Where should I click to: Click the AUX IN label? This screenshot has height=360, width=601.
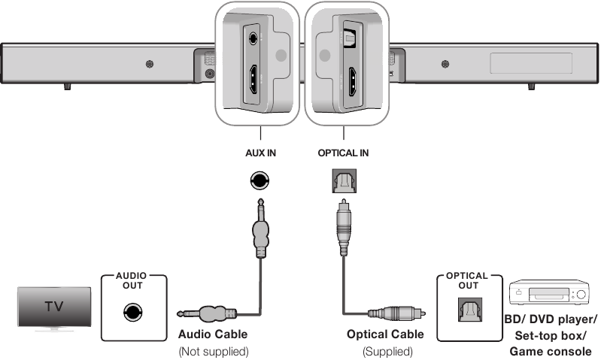[261, 153]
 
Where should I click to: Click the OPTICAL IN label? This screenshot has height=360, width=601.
[342, 153]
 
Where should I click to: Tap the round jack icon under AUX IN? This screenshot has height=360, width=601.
[260, 180]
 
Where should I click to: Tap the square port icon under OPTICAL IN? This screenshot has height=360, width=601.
[342, 180]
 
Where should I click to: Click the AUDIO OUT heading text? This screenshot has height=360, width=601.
[132, 280]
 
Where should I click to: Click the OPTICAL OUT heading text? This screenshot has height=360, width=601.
[467, 280]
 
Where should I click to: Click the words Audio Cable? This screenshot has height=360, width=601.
[212, 334]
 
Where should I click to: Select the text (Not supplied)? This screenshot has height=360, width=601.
[212, 351]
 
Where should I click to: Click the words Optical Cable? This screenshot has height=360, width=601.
[385, 334]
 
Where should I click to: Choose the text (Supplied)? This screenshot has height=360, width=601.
[385, 351]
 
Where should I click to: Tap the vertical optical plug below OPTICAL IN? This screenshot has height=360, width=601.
[342, 225]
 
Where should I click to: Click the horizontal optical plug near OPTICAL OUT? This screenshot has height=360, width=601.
[396, 313]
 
